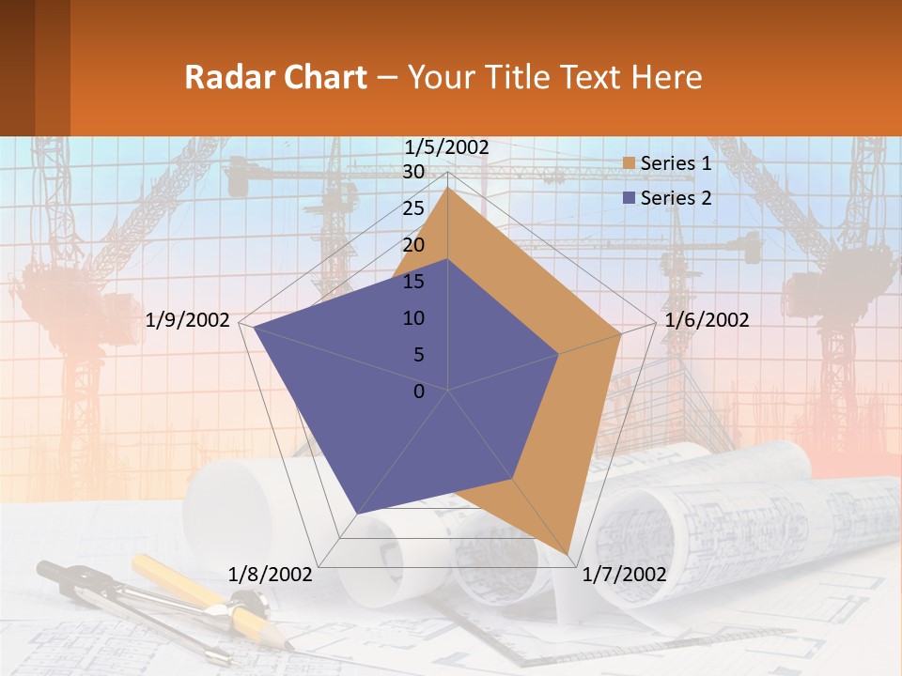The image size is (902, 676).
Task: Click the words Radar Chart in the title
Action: click(275, 77)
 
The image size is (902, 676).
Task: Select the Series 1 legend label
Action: click(676, 163)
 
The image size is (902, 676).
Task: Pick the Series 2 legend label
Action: click(676, 198)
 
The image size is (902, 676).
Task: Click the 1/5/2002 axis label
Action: click(446, 146)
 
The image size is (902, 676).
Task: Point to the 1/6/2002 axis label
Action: click(707, 320)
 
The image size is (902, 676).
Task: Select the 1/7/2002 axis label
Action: click(625, 575)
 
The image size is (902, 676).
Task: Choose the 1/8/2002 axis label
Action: click(271, 575)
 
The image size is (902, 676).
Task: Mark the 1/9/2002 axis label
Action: click(188, 320)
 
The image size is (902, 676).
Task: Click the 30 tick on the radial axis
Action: click(413, 172)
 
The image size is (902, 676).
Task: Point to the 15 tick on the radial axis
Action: click(413, 282)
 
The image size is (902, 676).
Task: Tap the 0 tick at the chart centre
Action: click(419, 392)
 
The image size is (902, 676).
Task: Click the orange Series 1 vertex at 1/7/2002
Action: click(569, 555)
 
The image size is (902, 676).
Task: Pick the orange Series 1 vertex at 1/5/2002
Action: click(448, 189)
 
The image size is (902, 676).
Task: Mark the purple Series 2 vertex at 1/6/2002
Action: click(558, 354)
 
